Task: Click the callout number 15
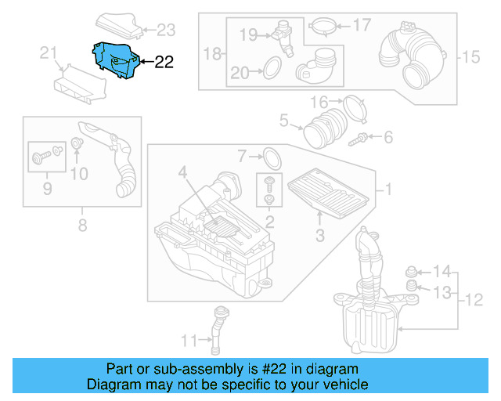(x=470, y=56)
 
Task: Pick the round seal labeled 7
(x=270, y=157)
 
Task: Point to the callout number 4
(x=182, y=172)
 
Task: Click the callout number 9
(x=46, y=188)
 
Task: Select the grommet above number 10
(x=77, y=144)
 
